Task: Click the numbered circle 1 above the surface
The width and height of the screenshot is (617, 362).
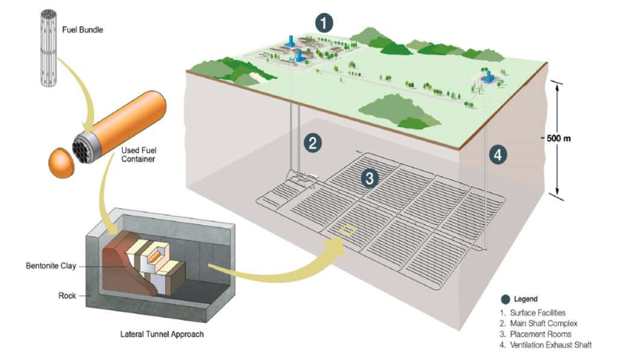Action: click(324, 24)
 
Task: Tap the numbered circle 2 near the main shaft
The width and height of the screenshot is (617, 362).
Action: click(312, 143)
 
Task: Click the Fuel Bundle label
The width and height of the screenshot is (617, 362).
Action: click(83, 29)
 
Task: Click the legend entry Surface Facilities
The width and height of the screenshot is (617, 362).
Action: click(536, 313)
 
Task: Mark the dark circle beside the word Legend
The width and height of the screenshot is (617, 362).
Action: click(505, 299)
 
